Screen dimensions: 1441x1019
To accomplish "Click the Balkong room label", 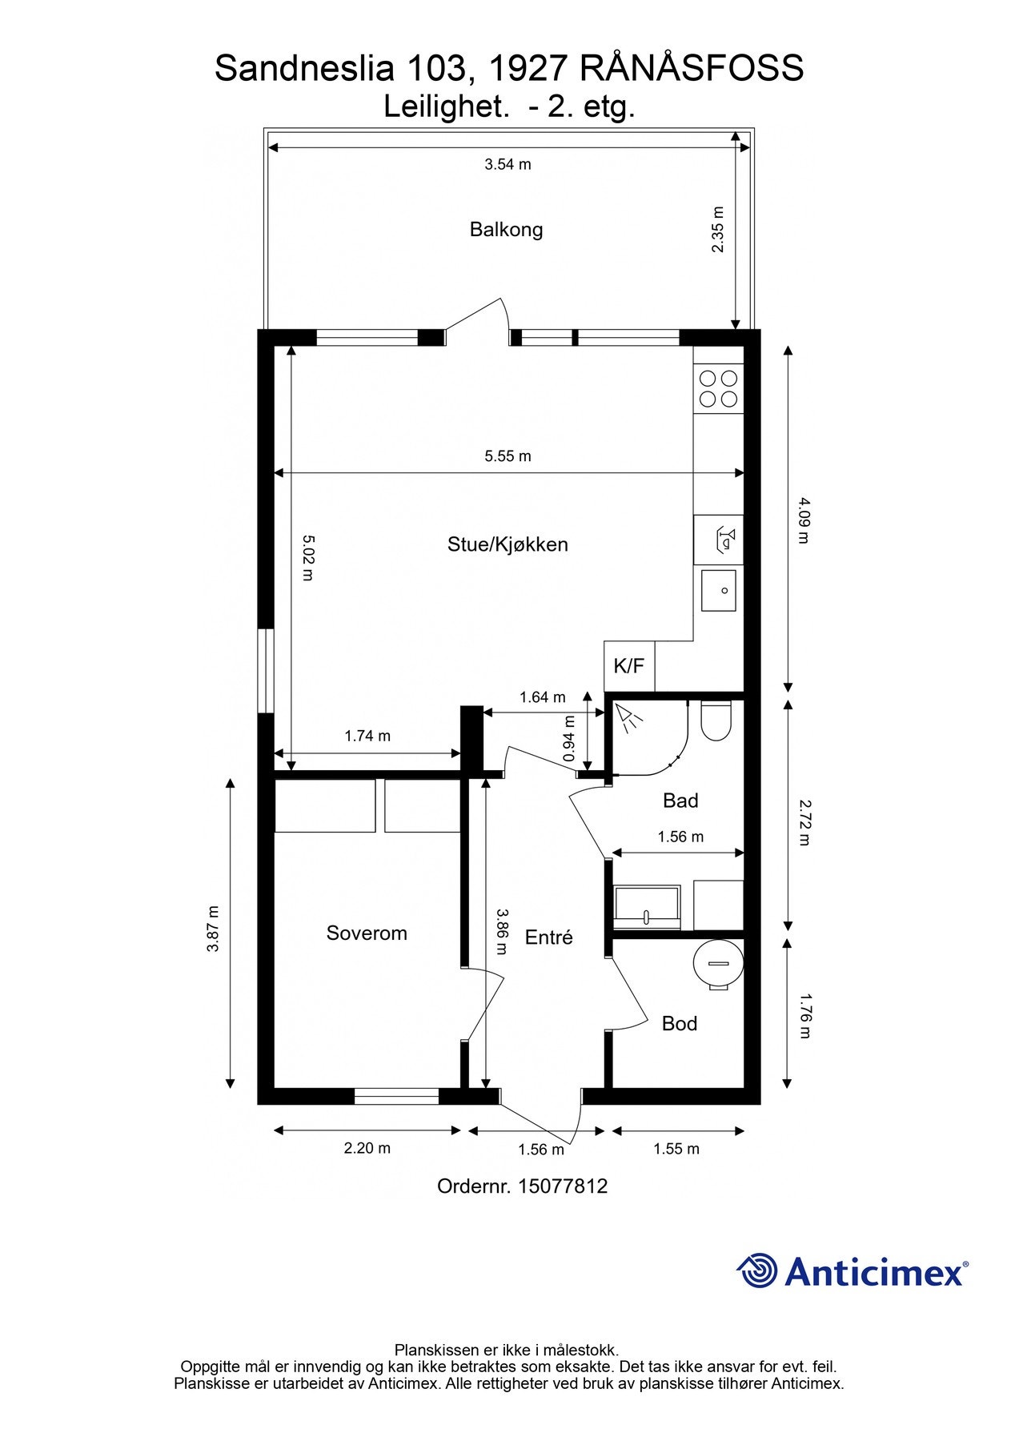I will click(x=506, y=230).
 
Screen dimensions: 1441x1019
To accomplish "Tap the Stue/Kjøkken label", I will click(x=507, y=544).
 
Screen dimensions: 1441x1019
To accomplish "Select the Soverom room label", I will click(x=367, y=933).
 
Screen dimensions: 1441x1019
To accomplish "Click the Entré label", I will click(x=548, y=937).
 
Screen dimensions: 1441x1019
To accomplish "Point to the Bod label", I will click(x=679, y=1023).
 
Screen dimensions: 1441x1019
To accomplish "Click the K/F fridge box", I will click(x=628, y=666).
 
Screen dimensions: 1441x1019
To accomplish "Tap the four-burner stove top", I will click(x=718, y=388).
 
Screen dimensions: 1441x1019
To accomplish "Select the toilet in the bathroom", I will click(x=716, y=720).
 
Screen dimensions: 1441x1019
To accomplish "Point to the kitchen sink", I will click(x=718, y=591).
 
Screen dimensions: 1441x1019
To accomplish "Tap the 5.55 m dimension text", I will click(x=507, y=456).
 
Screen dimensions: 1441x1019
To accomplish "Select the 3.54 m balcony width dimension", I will click(x=507, y=165).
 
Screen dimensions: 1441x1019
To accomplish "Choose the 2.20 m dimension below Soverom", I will click(x=367, y=1148).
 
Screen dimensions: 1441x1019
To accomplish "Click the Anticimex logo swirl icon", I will click(x=757, y=1270).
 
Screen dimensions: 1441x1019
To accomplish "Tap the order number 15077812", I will click(x=563, y=1186).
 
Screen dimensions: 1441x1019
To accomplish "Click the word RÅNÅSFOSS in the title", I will click(x=691, y=69).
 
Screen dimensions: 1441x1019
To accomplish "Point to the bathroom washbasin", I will click(x=647, y=907).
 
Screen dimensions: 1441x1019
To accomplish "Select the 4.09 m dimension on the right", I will click(x=804, y=520).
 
